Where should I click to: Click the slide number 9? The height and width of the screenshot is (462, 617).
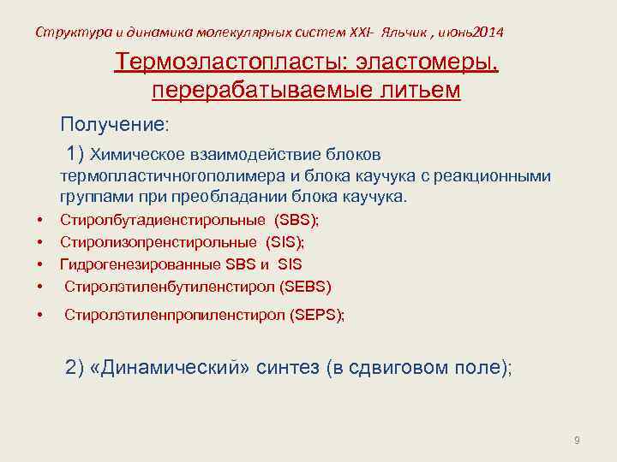577,441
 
